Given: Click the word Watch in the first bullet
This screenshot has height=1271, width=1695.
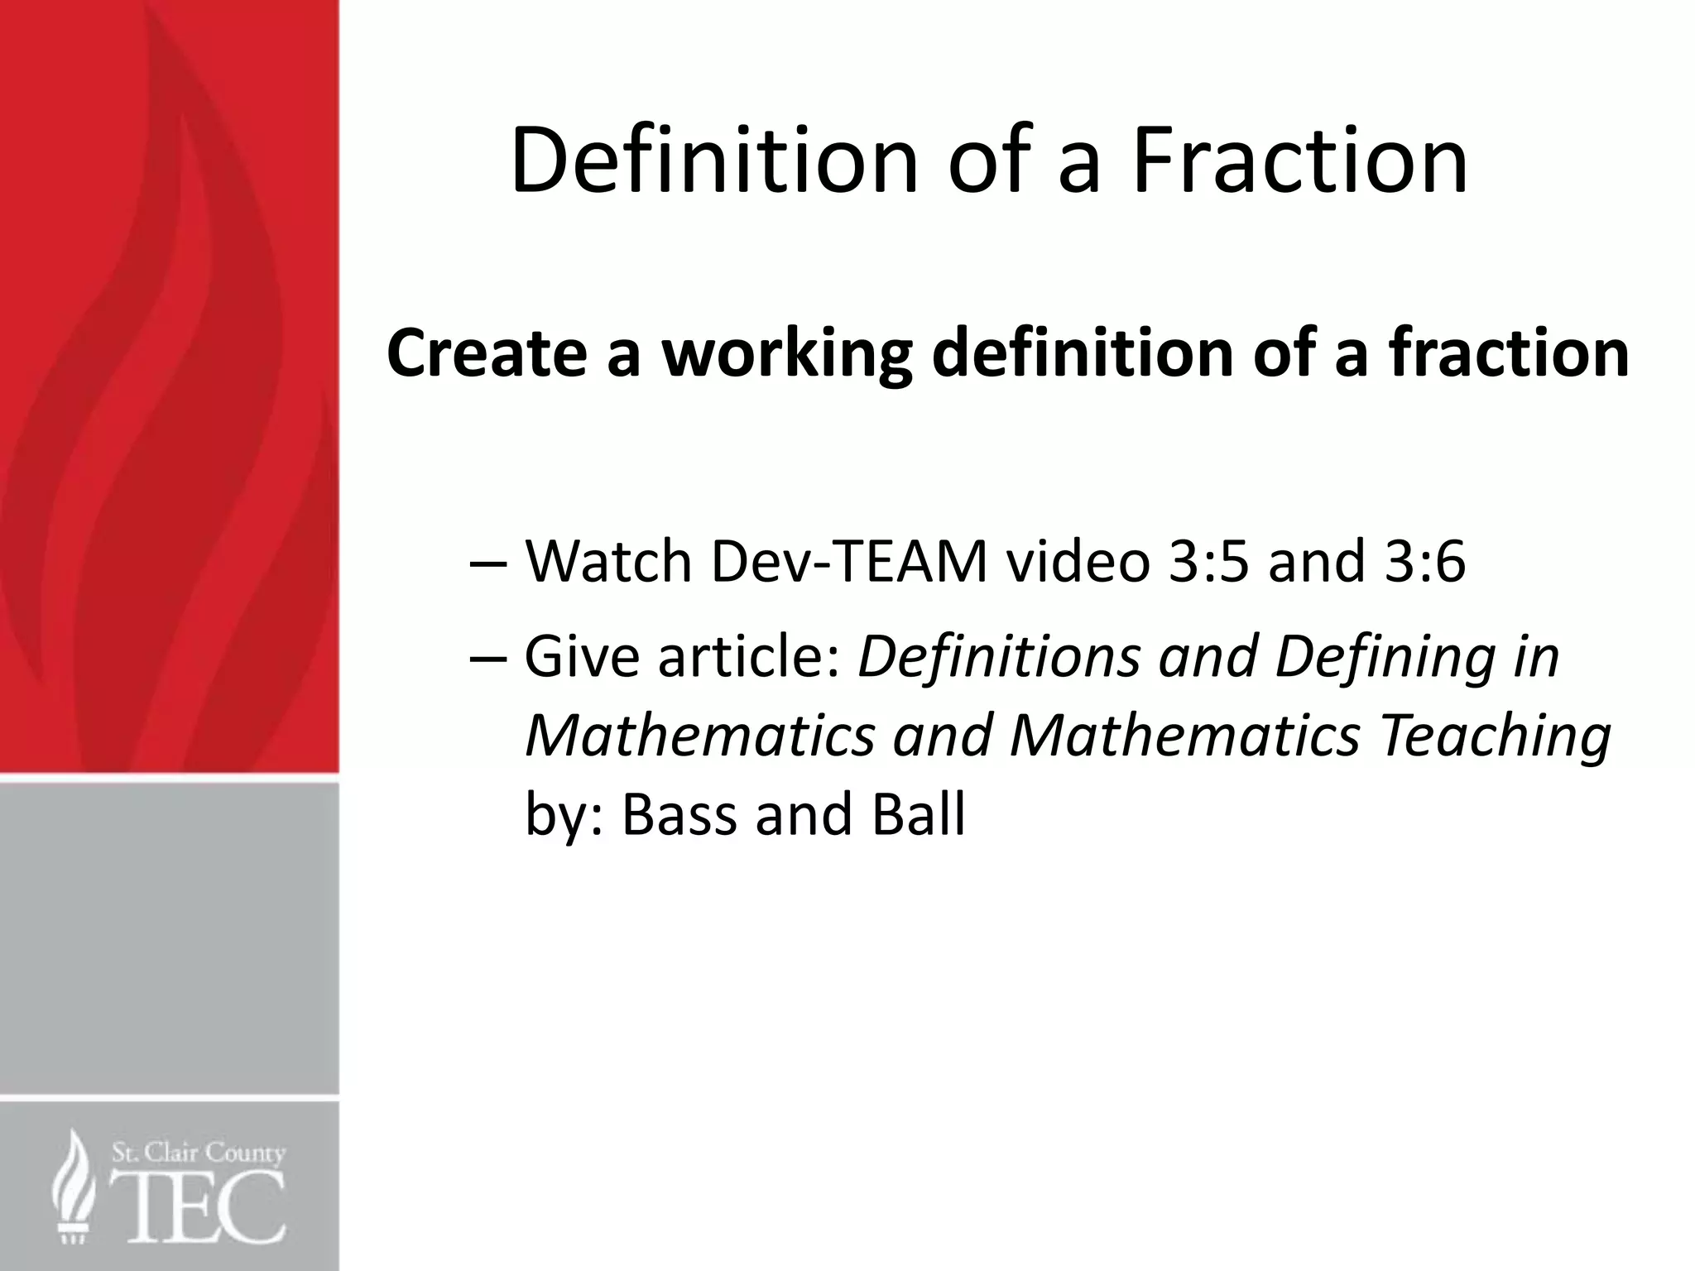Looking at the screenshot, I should (608, 562).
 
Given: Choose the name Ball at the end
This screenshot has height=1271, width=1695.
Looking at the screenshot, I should (918, 814).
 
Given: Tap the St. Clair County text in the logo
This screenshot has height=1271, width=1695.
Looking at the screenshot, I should (199, 1153).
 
